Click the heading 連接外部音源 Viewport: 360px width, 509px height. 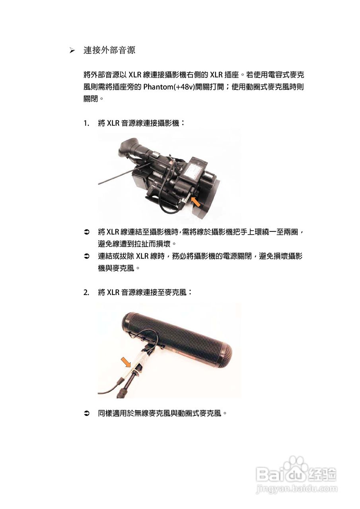[109, 51]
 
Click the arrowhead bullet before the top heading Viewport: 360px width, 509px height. [72, 51]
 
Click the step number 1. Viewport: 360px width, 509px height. [86, 123]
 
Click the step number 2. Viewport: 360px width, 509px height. [86, 292]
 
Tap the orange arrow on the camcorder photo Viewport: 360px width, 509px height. [195, 201]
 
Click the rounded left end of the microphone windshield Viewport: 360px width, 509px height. [126, 320]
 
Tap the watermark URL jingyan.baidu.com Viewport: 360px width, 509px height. [296, 489]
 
